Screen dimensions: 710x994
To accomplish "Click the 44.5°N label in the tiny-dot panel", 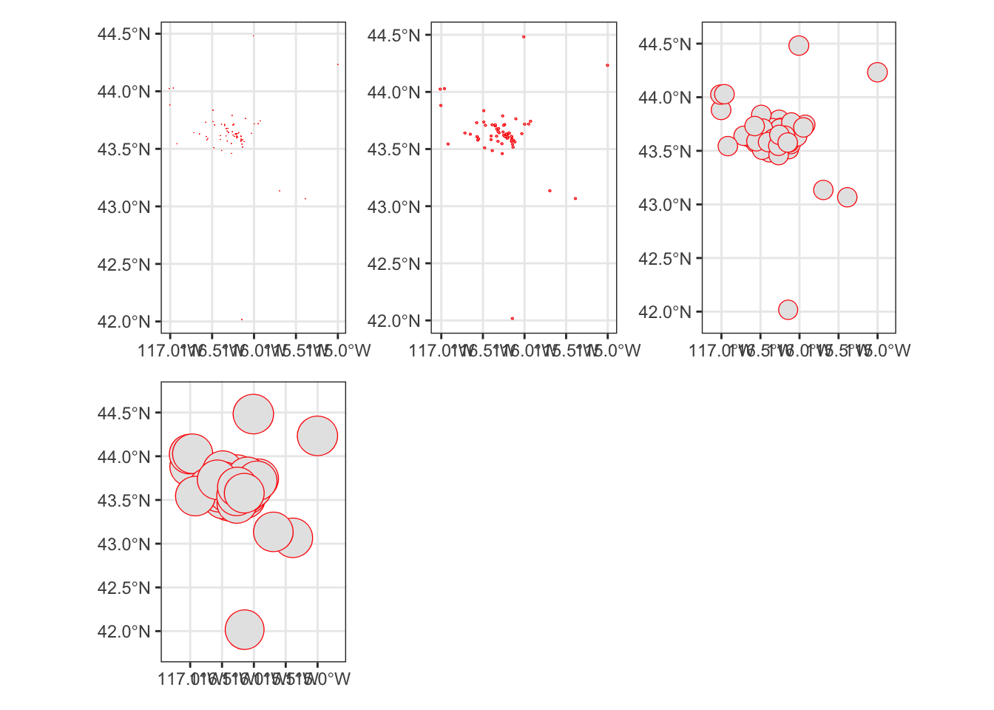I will [124, 34].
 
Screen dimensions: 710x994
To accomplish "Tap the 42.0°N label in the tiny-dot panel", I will [124, 322].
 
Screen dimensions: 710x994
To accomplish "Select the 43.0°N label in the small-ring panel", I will [393, 206].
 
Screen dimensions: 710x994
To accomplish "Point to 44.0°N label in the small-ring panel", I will [393, 92].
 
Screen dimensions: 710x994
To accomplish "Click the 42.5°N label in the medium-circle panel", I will [665, 258].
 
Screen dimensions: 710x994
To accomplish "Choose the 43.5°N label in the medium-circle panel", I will [665, 152].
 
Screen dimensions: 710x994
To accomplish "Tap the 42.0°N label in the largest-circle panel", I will [124, 632].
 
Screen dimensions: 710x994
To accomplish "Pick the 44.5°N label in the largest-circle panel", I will [124, 413].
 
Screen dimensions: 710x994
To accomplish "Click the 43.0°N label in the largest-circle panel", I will [124, 544].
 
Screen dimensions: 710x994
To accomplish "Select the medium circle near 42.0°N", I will [788, 309].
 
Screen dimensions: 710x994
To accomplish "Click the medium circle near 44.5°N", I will [799, 45].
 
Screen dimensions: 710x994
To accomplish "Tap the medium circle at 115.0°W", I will [877, 72].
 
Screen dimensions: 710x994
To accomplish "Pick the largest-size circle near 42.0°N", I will [244, 629].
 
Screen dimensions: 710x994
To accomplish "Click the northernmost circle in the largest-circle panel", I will [254, 413].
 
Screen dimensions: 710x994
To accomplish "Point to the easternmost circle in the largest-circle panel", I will [317, 436].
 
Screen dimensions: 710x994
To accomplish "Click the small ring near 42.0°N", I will [512, 319].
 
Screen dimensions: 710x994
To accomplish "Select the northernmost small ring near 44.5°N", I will [524, 36].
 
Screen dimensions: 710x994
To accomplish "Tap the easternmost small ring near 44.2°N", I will [607, 65].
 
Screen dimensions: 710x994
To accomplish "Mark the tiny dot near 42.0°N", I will [242, 319].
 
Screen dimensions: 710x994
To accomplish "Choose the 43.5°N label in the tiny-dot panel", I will [124, 149].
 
